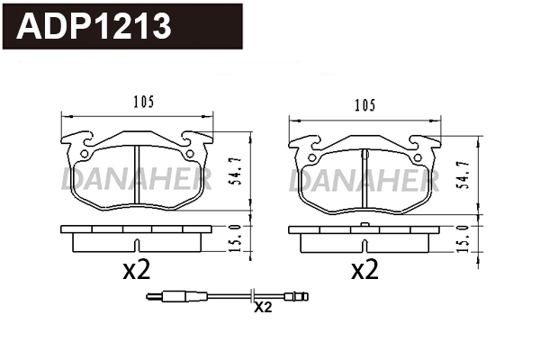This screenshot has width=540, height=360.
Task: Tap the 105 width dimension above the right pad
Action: pyautogui.click(x=364, y=105)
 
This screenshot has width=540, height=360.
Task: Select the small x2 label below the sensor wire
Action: pyautogui.click(x=263, y=308)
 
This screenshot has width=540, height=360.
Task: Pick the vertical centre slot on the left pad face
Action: pyautogui.click(x=134, y=175)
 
